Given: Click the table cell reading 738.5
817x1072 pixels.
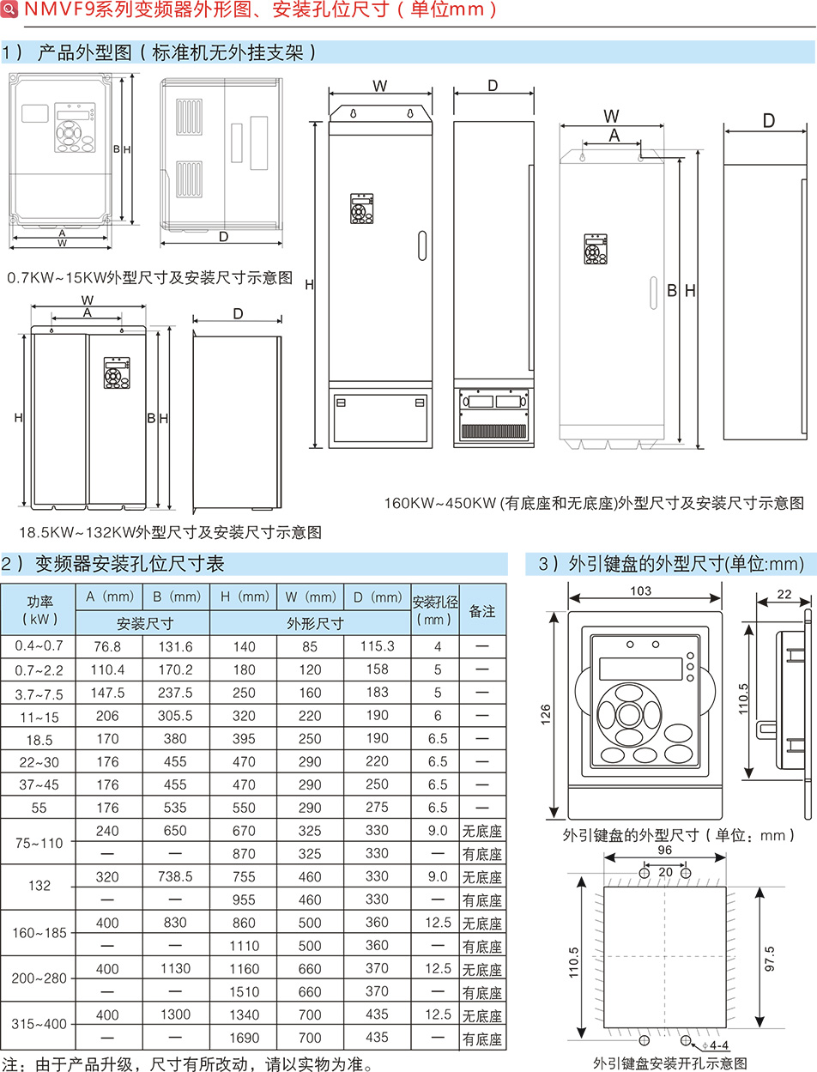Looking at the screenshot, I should (175, 876).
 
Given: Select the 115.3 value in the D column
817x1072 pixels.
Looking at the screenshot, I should (377, 646).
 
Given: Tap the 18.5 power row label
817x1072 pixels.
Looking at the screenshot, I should (39, 739).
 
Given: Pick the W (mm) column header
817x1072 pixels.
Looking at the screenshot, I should (311, 597).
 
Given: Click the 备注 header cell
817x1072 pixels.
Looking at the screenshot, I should (482, 611).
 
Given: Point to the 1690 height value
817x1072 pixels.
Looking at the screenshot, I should (244, 1038).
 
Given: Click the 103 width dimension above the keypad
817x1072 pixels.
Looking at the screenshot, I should (640, 591).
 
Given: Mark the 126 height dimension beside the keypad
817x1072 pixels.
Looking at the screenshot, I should (546, 715).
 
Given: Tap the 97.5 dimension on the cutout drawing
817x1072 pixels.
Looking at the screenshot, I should (769, 958).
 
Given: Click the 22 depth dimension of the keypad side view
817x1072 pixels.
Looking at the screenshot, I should (784, 594).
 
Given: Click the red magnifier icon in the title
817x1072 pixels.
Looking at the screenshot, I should (9, 9).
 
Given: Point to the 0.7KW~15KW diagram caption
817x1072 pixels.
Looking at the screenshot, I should (150, 277).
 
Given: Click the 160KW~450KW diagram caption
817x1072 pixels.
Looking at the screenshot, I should (594, 502).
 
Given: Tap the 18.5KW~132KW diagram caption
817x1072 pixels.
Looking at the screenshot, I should (171, 532).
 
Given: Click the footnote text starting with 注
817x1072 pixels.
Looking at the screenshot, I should (189, 1064).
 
